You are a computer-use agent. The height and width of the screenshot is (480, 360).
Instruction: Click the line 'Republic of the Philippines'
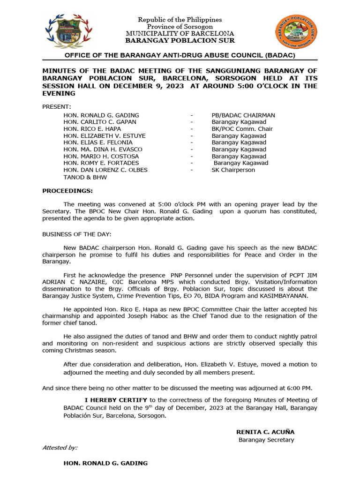pos(180,20)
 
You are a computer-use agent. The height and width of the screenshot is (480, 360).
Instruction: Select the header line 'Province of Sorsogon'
pos(180,27)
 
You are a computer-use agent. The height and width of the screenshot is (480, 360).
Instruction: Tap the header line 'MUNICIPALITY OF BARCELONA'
pos(180,34)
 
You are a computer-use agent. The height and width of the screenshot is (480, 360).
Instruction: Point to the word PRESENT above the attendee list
pos(57,107)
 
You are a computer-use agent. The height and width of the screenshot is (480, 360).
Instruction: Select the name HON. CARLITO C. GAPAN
pos(100,122)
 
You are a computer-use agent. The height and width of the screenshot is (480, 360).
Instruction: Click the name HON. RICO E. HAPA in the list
pos(92,129)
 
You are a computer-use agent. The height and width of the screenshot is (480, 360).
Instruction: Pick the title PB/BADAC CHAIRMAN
pos(243,115)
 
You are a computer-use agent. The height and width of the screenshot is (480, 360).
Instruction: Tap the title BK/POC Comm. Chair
pos(242,129)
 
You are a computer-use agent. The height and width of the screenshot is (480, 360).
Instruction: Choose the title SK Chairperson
pos(233,170)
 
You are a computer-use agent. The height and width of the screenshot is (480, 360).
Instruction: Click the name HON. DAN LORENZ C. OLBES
pos(105,170)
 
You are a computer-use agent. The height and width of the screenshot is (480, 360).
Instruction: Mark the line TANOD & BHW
pos(85,177)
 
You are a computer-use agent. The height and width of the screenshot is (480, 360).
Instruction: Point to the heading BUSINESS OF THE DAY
pos(77,234)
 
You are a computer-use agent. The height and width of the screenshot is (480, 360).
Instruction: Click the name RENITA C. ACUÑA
pos(265,432)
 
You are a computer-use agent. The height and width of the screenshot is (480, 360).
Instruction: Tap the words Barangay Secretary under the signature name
pos(266,440)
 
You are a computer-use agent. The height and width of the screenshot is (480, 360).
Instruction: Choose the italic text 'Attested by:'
pos(60,448)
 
